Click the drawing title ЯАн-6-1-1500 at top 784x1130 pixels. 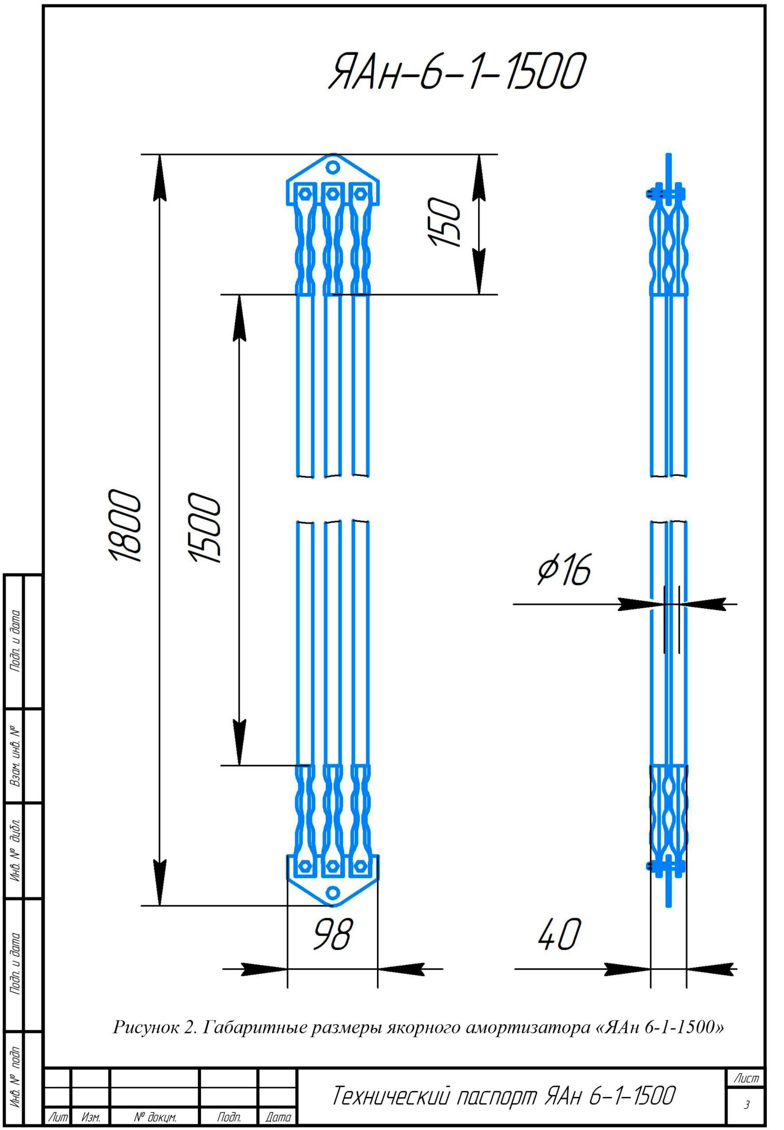tap(457, 72)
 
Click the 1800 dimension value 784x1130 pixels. tap(125, 526)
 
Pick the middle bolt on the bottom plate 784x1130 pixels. tap(332, 866)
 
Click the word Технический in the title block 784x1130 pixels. tap(391, 1096)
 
